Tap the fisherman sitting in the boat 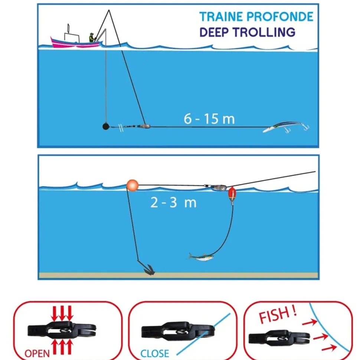pos(92,38)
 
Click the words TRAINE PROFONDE pos(256,17)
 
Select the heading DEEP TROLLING pos(247,32)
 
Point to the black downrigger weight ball pos(106,126)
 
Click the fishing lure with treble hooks pos(286,127)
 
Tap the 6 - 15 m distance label pos(209,119)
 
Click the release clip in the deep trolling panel pos(145,126)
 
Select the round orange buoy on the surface pos(132,185)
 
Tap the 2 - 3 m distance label pos(174,203)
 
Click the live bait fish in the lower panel pos(201,257)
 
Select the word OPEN pos(37,353)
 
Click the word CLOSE pos(154,353)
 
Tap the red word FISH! pos(278,314)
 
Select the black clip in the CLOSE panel pos(178,331)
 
